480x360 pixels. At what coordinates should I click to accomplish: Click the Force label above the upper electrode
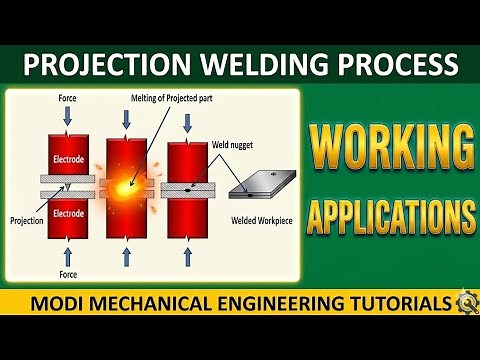point(66,98)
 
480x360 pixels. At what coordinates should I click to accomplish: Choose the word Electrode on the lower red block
point(66,212)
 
